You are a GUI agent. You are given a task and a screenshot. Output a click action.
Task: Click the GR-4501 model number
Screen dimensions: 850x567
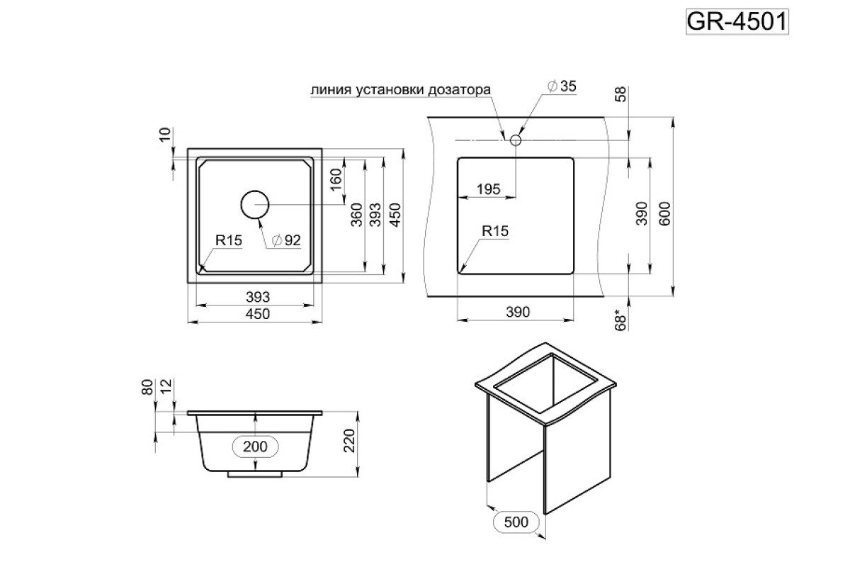[737, 22]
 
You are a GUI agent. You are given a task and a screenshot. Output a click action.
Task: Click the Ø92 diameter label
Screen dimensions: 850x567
[286, 240]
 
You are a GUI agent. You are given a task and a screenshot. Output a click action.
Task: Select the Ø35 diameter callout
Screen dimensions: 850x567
[562, 86]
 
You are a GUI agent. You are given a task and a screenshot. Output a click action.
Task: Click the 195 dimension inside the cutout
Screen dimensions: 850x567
[488, 189]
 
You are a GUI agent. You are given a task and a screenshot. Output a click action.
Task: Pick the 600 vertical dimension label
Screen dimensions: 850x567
[664, 214]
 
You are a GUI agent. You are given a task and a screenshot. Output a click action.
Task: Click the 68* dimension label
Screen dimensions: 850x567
[620, 320]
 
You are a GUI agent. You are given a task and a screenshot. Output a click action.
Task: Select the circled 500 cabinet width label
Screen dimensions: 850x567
[516, 522]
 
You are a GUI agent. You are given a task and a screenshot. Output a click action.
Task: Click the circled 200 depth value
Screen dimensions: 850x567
[255, 447]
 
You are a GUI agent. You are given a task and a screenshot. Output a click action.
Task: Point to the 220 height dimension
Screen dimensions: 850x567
[348, 441]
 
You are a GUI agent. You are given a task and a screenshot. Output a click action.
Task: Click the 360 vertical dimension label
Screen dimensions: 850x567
[357, 215]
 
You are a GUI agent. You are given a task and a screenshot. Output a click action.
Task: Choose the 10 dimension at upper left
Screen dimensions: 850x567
[165, 135]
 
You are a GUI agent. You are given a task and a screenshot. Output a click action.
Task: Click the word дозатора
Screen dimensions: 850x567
[459, 90]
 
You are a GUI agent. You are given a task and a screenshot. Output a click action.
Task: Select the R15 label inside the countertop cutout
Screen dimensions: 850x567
[495, 231]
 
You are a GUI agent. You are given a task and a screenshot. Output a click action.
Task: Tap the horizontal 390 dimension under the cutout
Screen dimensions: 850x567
[518, 312]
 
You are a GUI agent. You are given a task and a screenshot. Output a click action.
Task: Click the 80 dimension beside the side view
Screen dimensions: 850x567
[147, 387]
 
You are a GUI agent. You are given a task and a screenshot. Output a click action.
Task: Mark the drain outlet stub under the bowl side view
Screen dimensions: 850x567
[254, 474]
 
